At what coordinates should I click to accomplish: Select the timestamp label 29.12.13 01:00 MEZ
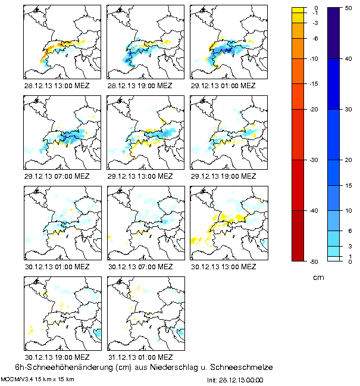tap(223, 85)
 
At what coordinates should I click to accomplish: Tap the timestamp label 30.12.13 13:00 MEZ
tap(223, 266)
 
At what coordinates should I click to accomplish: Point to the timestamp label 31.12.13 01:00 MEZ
tap(140, 357)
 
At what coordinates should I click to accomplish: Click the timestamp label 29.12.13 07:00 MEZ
tap(57, 176)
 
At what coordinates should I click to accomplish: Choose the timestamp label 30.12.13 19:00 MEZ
tap(57, 357)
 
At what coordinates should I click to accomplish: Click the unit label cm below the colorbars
tap(318, 278)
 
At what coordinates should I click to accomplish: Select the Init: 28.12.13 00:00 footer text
tap(235, 379)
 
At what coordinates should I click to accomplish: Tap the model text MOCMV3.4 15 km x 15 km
tap(37, 379)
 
